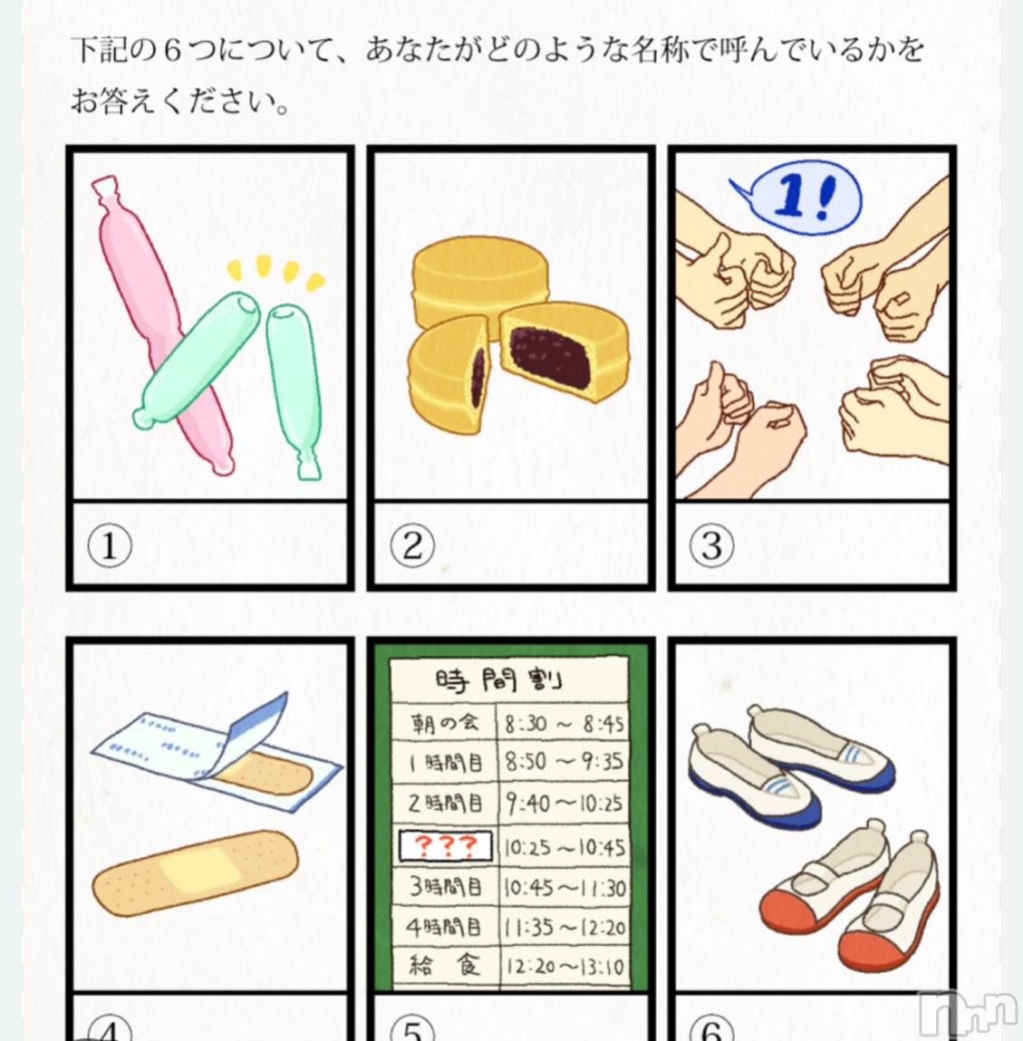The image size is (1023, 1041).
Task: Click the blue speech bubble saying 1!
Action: (x=800, y=198)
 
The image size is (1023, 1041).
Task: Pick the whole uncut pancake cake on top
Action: (x=480, y=279)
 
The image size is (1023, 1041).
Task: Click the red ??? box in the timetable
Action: (x=446, y=846)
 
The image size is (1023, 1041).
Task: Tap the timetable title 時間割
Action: (x=498, y=680)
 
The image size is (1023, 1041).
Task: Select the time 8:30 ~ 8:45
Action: (x=564, y=723)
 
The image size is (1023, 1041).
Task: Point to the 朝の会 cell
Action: (x=444, y=722)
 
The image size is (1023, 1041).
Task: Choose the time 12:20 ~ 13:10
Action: (x=565, y=966)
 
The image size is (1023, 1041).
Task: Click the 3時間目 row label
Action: (x=444, y=886)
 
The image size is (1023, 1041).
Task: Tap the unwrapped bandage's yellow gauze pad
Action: (x=197, y=870)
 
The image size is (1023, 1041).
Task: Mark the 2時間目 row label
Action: (x=444, y=804)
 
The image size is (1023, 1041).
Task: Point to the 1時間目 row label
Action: (x=444, y=763)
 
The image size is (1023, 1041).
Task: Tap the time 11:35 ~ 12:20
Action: (x=565, y=928)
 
